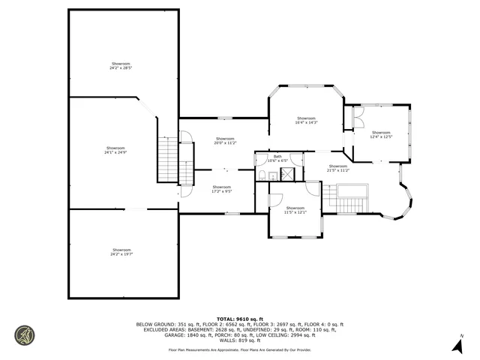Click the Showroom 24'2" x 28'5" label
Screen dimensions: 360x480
(121, 64)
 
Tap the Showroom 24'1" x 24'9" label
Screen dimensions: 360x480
(115, 150)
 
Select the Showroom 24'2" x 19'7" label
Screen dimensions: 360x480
(121, 251)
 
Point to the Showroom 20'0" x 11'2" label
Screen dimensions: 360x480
(225, 140)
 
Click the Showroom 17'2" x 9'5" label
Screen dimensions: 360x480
(222, 188)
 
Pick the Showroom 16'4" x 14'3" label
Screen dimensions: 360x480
(306, 120)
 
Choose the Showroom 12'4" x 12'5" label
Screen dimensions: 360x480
(381, 135)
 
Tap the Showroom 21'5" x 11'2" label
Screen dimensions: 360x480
(337, 168)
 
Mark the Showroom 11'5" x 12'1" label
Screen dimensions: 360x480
(295, 209)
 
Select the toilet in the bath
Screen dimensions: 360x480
(262, 173)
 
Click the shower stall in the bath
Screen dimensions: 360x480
(286, 174)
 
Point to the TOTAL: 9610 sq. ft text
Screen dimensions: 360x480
(239, 318)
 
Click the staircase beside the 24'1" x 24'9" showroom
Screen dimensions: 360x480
(167, 161)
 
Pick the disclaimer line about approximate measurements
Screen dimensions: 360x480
(239, 350)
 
